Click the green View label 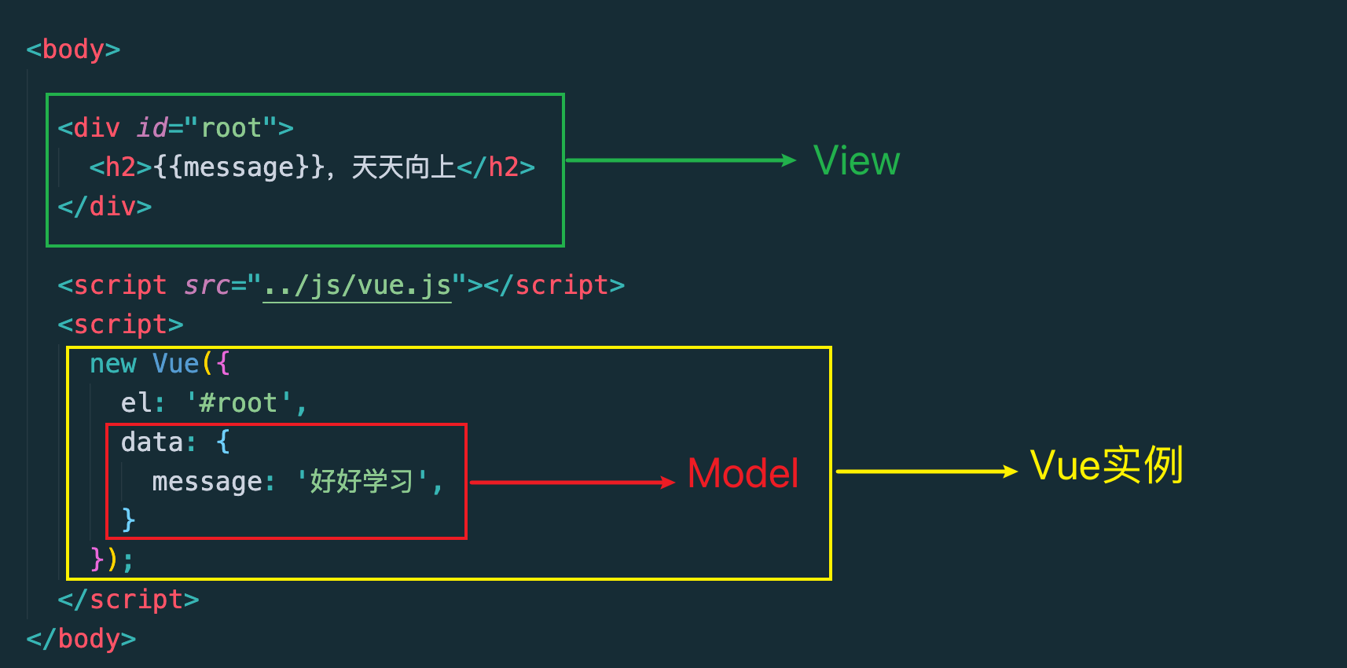pyautogui.click(x=856, y=161)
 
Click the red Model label pyautogui.click(x=743, y=474)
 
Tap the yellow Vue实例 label pyautogui.click(x=1106, y=465)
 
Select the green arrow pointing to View pyautogui.click(x=681, y=160)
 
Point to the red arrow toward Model pyautogui.click(x=572, y=483)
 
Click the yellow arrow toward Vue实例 pyautogui.click(x=926, y=472)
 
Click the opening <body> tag pyautogui.click(x=73, y=50)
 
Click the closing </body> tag pyautogui.click(x=81, y=638)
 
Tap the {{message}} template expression pyautogui.click(x=238, y=167)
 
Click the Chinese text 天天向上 pyautogui.click(x=403, y=167)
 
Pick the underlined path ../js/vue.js pyautogui.click(x=357, y=285)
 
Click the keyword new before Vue pyautogui.click(x=112, y=364)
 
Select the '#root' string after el pyautogui.click(x=238, y=403)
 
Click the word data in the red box pyautogui.click(x=152, y=442)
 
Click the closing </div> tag pyautogui.click(x=105, y=207)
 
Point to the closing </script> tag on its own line pyautogui.click(x=128, y=600)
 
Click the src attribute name pyautogui.click(x=207, y=285)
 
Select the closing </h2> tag pyautogui.click(x=495, y=167)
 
